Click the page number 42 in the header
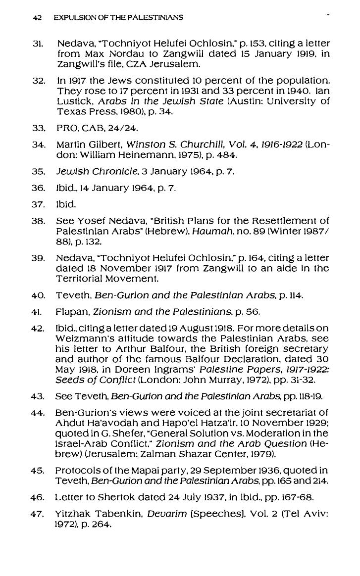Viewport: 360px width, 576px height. [36, 18]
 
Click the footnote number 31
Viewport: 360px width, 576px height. [36, 43]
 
